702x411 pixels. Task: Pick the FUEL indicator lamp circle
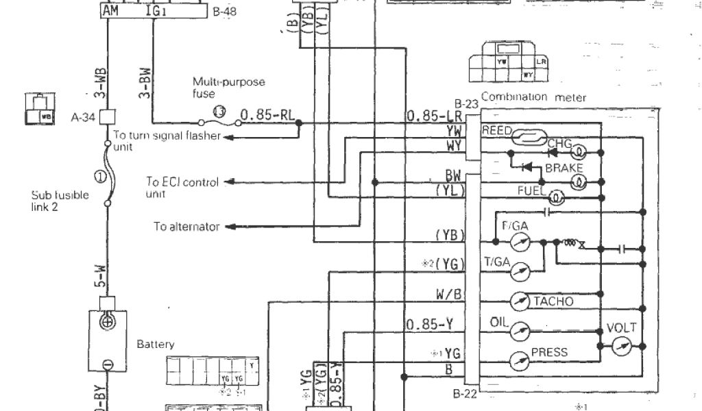pyautogui.click(x=557, y=197)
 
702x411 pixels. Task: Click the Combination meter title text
pyautogui.click(x=533, y=98)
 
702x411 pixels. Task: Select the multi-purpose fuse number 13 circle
pyautogui.click(x=218, y=110)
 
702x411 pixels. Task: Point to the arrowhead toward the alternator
pyautogui.click(x=231, y=227)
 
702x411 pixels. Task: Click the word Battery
pyautogui.click(x=156, y=345)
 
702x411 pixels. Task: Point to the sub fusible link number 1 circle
pyautogui.click(x=100, y=177)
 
